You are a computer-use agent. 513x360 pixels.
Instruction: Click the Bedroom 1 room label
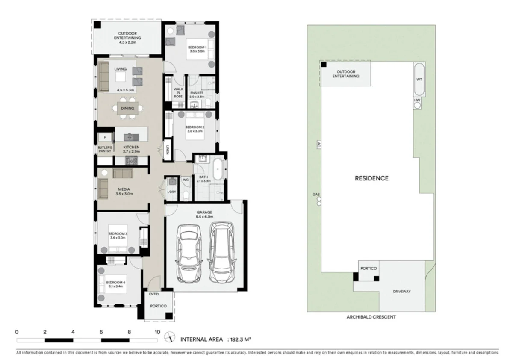(198, 47)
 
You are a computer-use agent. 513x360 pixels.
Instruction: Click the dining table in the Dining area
(127, 108)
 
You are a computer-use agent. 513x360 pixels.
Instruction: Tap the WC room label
(186, 180)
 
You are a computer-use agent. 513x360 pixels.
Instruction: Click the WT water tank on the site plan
(419, 80)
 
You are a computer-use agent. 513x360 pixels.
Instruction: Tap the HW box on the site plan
(418, 100)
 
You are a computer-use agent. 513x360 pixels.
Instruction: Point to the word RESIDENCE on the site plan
(371, 178)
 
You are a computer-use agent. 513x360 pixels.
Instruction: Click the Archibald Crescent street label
(371, 317)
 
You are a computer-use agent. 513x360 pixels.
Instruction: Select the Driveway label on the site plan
(401, 292)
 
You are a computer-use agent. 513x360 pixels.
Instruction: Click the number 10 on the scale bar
(157, 332)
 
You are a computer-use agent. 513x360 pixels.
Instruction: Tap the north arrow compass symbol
(171, 338)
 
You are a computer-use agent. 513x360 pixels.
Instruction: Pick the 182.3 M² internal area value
(240, 339)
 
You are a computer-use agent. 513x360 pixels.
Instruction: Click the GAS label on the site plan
(316, 195)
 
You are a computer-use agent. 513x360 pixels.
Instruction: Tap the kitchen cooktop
(130, 161)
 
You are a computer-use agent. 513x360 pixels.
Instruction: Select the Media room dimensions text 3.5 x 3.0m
(124, 194)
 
